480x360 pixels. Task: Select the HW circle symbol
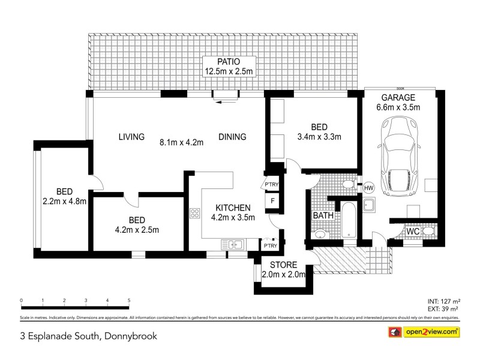click(368, 188)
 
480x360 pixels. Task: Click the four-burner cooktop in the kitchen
click(195, 212)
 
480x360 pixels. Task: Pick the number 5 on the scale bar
click(129, 301)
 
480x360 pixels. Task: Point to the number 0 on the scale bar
click(21, 301)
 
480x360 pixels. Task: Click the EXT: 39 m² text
click(442, 310)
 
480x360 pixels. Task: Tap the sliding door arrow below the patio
click(227, 102)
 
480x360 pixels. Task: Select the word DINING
click(232, 137)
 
